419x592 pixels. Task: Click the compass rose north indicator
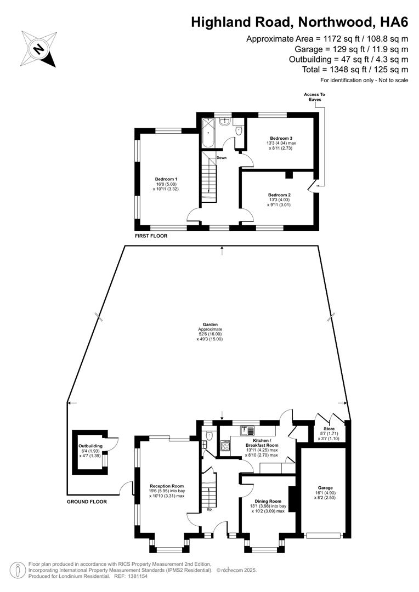tap(39, 49)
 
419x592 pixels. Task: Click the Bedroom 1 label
tap(166, 179)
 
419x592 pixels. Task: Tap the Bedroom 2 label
tap(279, 195)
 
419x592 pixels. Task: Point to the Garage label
tap(325, 487)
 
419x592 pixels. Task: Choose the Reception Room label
tap(167, 486)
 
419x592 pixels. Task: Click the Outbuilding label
tap(90, 446)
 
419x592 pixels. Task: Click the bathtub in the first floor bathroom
tap(208, 133)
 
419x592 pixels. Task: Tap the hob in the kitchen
tap(225, 446)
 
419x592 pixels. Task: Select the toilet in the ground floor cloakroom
tap(209, 436)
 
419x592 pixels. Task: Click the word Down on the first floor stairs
tap(222, 158)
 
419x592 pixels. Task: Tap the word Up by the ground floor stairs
tap(209, 509)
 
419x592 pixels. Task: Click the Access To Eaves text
tap(314, 97)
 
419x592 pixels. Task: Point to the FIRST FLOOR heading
tap(151, 236)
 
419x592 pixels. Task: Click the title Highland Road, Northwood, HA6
tap(299, 22)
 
